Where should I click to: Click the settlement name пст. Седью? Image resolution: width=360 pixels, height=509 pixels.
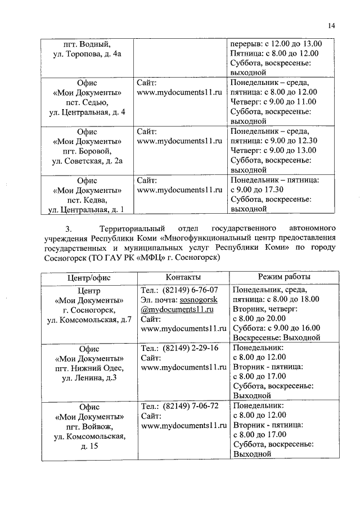pyautogui.click(x=87, y=102)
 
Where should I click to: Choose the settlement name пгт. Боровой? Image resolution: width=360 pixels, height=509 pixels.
pyautogui.click(x=87, y=151)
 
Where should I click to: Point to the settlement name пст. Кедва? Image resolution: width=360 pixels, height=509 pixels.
pyautogui.click(x=87, y=200)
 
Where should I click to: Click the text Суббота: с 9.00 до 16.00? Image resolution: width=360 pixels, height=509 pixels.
pyautogui.click(x=276, y=328)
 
